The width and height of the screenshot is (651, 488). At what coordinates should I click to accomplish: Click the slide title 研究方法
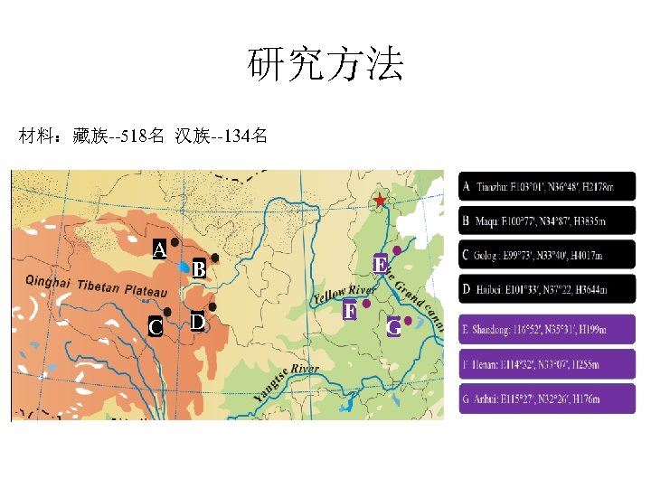325,65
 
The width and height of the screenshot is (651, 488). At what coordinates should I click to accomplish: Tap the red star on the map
381,200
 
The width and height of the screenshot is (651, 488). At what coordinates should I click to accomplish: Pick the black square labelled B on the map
199,269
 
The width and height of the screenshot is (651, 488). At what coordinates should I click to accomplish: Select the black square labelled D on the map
198,321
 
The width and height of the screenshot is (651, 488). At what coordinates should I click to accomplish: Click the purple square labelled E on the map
381,265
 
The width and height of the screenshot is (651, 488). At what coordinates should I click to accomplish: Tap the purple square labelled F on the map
350,312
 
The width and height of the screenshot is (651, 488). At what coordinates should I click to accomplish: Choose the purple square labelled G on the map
394,327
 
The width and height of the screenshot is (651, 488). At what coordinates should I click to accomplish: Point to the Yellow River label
344,294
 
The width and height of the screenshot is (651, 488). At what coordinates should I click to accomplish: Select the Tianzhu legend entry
547,187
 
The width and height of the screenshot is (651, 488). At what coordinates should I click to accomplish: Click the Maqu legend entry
547,221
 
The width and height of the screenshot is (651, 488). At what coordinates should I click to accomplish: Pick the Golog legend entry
547,255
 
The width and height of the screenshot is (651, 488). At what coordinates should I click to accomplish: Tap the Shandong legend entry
547,329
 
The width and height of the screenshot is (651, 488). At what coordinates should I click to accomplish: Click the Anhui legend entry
547,399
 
